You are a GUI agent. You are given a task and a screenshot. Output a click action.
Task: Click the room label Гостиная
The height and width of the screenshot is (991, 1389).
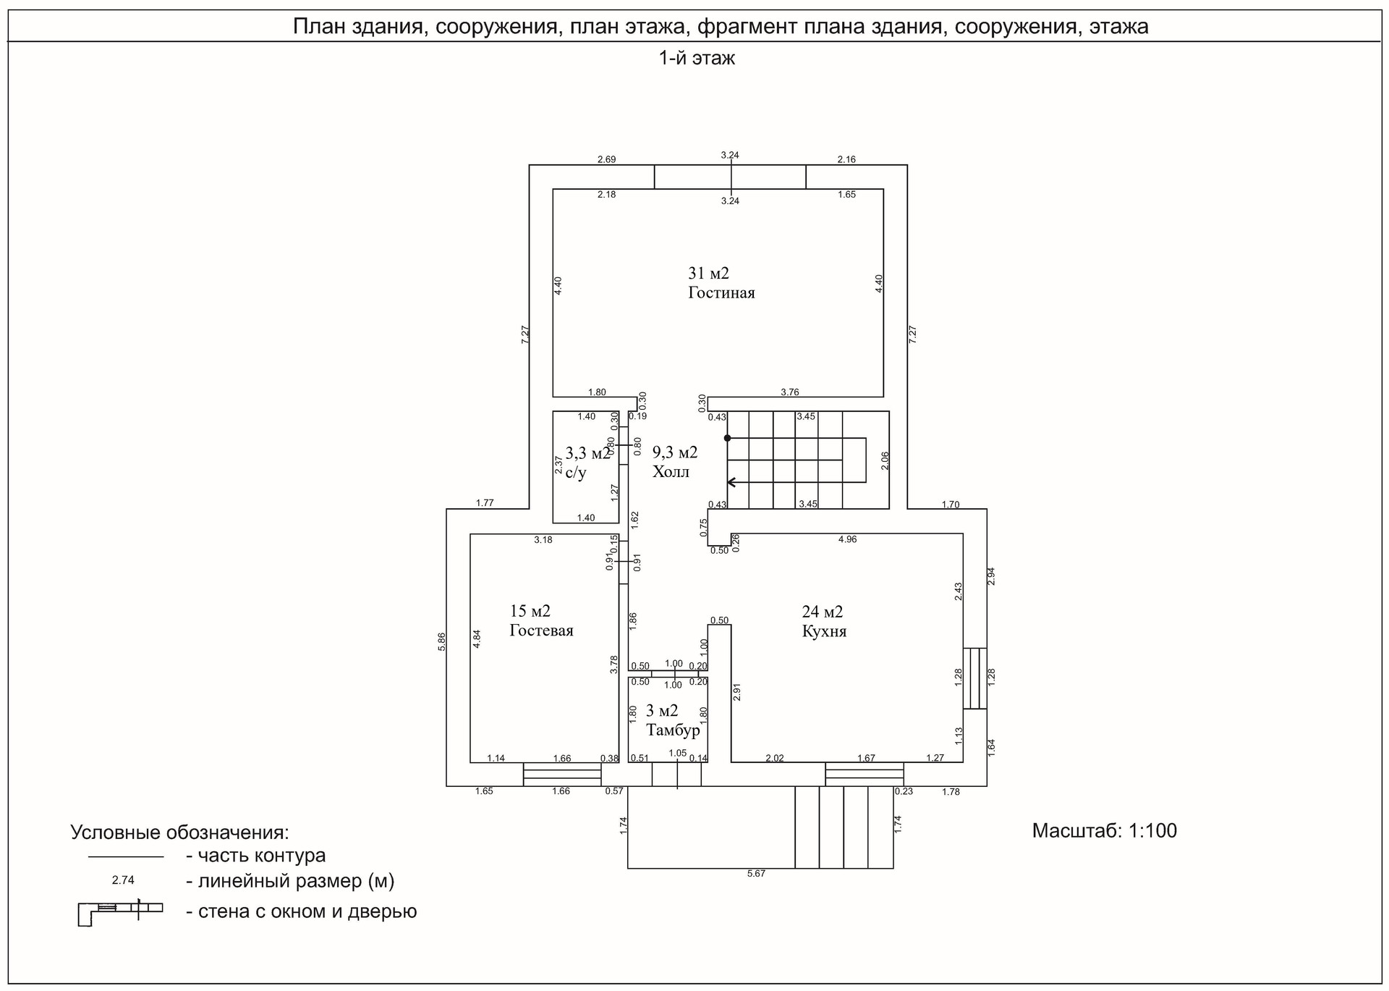(721, 293)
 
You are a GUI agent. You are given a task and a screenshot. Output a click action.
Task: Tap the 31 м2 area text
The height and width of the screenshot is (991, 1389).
(708, 274)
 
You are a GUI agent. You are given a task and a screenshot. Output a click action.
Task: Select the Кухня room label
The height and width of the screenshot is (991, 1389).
(824, 631)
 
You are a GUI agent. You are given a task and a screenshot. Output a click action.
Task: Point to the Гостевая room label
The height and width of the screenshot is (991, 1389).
(541, 631)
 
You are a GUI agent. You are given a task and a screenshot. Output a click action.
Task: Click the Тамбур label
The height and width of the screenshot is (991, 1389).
(673, 730)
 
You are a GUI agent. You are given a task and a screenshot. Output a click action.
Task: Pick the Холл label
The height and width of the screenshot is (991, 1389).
(671, 472)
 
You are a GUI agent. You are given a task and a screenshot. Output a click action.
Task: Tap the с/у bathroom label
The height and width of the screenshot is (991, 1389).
(576, 473)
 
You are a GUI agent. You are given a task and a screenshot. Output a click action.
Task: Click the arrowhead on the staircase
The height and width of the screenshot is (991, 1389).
(731, 482)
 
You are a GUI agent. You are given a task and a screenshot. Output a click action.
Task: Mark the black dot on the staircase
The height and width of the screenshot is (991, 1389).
(728, 438)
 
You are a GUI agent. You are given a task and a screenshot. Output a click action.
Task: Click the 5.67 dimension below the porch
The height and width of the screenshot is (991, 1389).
(756, 874)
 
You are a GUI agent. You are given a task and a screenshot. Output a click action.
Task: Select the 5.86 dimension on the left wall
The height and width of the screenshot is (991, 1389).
(442, 641)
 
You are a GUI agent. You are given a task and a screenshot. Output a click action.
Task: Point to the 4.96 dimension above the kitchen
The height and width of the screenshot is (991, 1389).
(847, 539)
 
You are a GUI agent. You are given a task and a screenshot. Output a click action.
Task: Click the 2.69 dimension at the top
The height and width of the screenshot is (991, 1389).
(606, 159)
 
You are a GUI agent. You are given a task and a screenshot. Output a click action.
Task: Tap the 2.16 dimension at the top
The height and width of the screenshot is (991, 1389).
(846, 159)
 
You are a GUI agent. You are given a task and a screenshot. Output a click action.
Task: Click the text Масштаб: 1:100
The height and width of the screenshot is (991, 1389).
(1104, 830)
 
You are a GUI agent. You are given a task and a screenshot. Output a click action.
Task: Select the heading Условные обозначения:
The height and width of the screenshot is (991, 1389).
(179, 832)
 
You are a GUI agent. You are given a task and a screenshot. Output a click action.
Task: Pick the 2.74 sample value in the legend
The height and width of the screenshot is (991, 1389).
(123, 880)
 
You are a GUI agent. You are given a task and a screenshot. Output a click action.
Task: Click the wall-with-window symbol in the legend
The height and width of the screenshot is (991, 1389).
(120, 911)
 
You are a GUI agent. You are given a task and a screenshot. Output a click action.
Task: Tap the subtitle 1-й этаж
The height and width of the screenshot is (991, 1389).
(696, 59)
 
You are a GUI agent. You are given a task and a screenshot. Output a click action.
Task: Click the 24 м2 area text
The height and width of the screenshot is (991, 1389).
(823, 612)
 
